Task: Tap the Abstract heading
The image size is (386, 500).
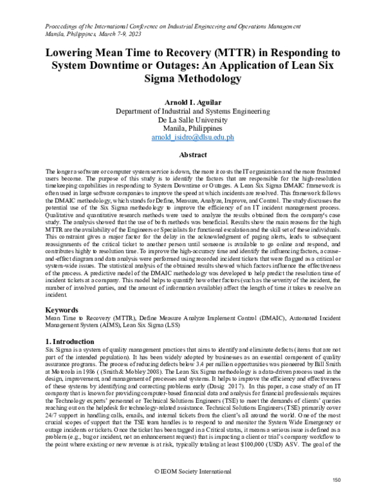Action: click(x=192, y=155)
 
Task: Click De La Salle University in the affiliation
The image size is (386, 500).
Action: click(x=192, y=119)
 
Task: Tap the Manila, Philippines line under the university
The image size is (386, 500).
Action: click(x=192, y=128)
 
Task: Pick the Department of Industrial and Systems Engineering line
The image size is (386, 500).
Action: click(x=192, y=110)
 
